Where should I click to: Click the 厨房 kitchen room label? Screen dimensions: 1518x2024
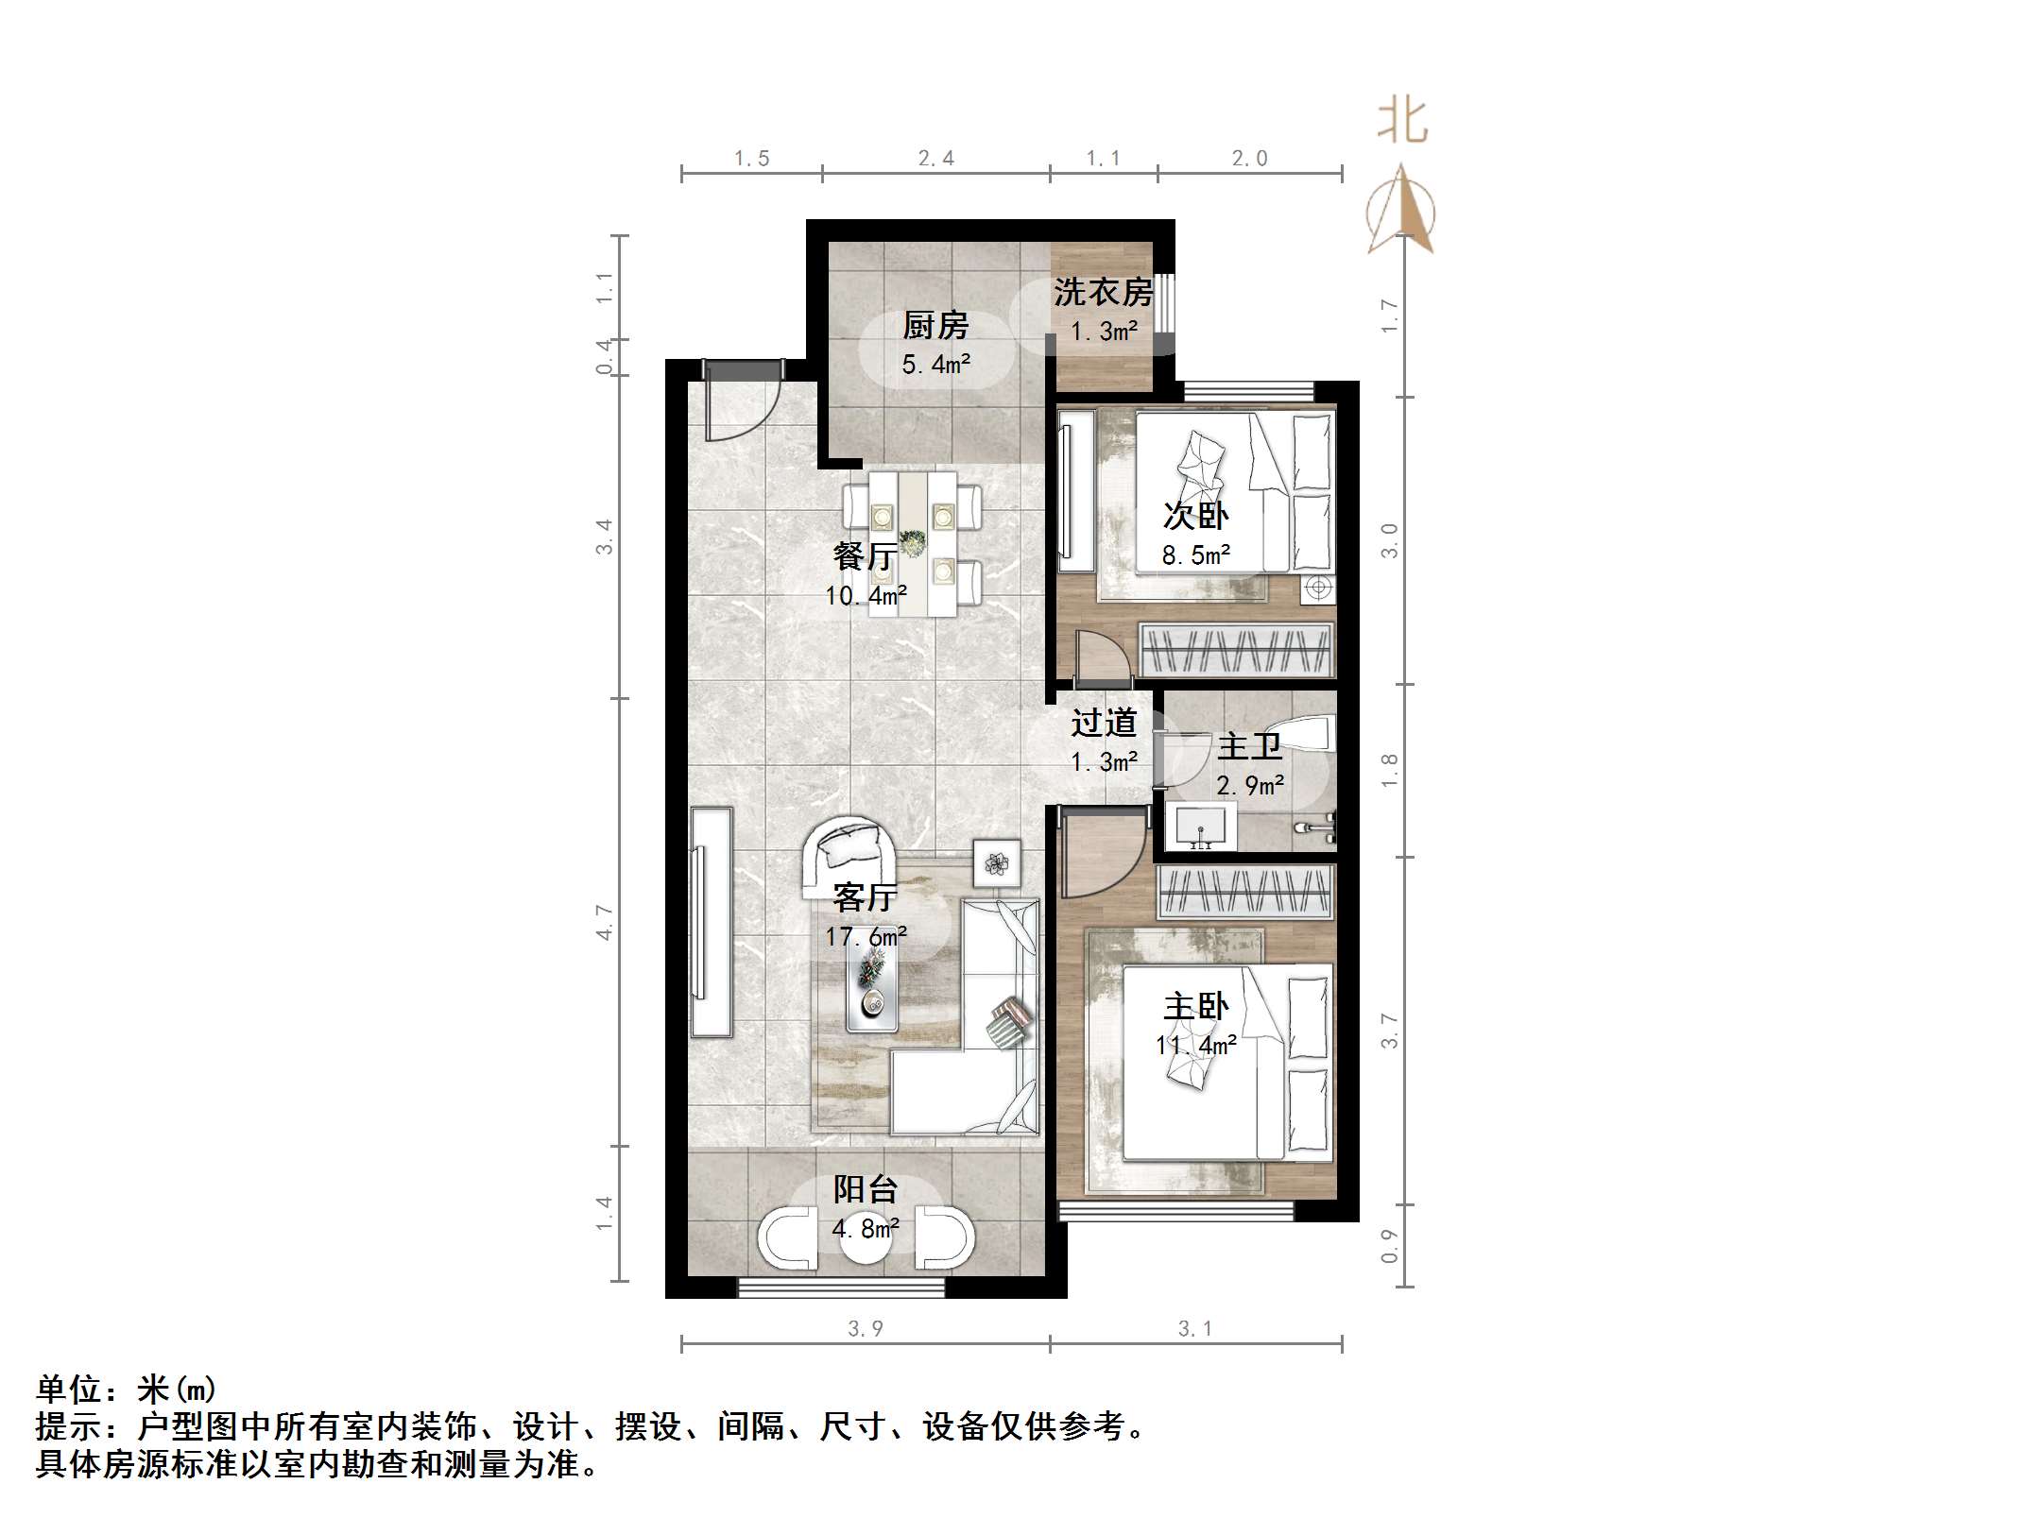935,326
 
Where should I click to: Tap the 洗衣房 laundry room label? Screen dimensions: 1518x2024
1103,293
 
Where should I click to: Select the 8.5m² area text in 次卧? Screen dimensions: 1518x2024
1195,555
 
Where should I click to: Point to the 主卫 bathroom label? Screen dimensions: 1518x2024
1249,747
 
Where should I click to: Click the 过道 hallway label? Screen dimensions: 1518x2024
1103,724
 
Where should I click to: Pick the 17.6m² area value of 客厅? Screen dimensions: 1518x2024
866,936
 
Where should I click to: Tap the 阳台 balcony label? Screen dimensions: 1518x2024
865,1189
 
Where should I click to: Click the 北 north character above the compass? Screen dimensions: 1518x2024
1401,123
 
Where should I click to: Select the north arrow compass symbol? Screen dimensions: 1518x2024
1401,213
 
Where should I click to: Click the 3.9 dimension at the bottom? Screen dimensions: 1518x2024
865,1329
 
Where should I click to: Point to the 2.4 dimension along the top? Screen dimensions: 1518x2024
935,159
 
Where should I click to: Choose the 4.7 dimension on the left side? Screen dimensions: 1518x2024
604,922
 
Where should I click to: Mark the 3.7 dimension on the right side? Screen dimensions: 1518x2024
1388,1030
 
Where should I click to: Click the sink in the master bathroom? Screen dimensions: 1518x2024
1201,827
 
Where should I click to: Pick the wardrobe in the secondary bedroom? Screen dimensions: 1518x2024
1236,650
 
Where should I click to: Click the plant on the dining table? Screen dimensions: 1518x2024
912,544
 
